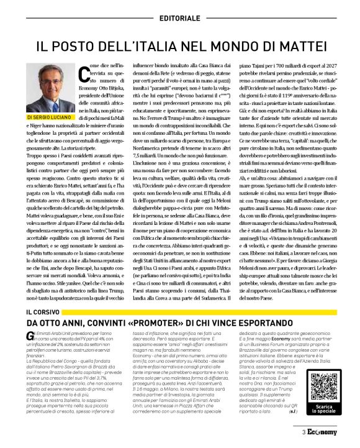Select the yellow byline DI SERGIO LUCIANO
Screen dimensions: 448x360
click(x=49, y=116)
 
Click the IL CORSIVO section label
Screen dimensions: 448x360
click(x=42, y=311)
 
